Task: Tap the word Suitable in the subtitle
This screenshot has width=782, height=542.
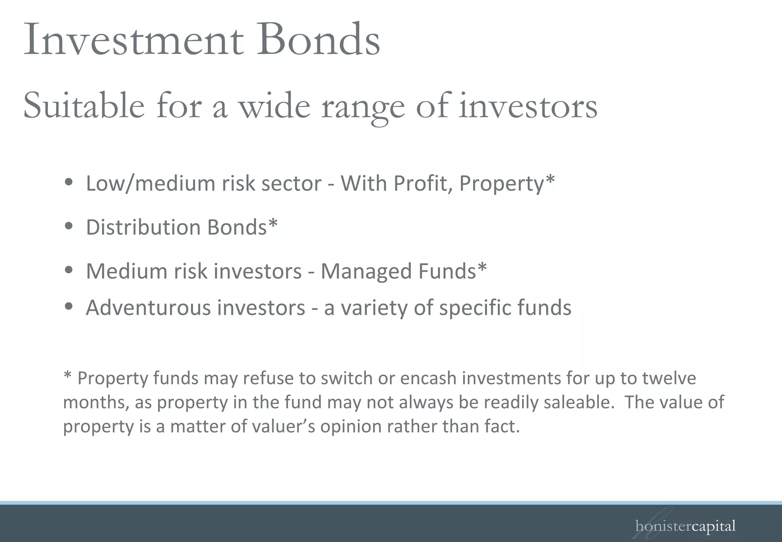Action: point(84,106)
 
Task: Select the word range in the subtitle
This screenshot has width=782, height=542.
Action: point(363,107)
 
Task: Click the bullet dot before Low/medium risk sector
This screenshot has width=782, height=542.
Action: point(69,183)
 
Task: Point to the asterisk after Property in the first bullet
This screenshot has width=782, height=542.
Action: point(550,180)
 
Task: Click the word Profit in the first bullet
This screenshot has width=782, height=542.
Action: point(423,183)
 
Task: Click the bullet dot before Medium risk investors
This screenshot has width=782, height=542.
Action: point(69,270)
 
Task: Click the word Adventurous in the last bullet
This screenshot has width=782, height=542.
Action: point(148,307)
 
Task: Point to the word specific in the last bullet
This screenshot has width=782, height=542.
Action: point(475,308)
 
